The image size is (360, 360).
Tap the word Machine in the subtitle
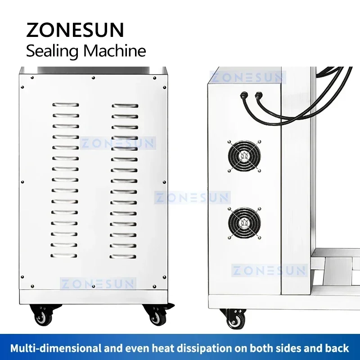coord(115,50)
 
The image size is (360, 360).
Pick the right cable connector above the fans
coord(259,95)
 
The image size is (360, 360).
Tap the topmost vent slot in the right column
coord(125,105)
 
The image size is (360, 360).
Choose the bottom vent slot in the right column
coord(125,256)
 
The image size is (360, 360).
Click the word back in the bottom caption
coord(336,348)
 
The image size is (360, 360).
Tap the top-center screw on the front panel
coord(93,78)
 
